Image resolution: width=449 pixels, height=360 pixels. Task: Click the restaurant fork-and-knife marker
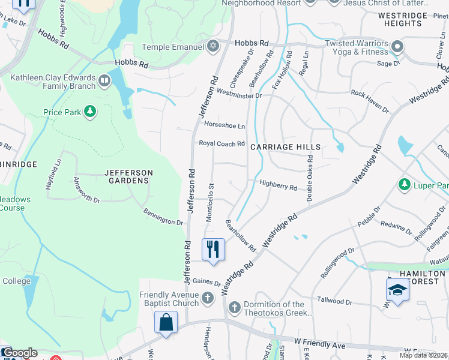[x=212, y=248]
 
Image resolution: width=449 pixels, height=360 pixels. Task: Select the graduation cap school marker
[x=397, y=290]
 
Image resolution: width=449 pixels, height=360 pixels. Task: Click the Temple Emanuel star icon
[x=212, y=46]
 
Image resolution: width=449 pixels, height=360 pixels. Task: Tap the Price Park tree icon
[x=89, y=112]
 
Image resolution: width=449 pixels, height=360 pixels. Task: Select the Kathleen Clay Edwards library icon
[x=104, y=80]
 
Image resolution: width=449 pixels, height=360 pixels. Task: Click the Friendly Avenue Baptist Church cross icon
[x=208, y=297]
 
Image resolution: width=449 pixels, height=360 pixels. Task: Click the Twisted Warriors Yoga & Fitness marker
[x=396, y=46]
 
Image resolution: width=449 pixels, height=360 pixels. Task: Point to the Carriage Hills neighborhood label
[x=285, y=147]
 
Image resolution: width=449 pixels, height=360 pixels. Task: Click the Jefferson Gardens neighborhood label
[x=128, y=176]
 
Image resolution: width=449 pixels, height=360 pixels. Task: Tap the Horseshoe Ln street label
[x=224, y=126]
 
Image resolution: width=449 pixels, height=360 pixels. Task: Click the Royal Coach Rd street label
[x=222, y=144]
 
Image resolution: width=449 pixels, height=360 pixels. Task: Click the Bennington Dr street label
[x=163, y=217]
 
